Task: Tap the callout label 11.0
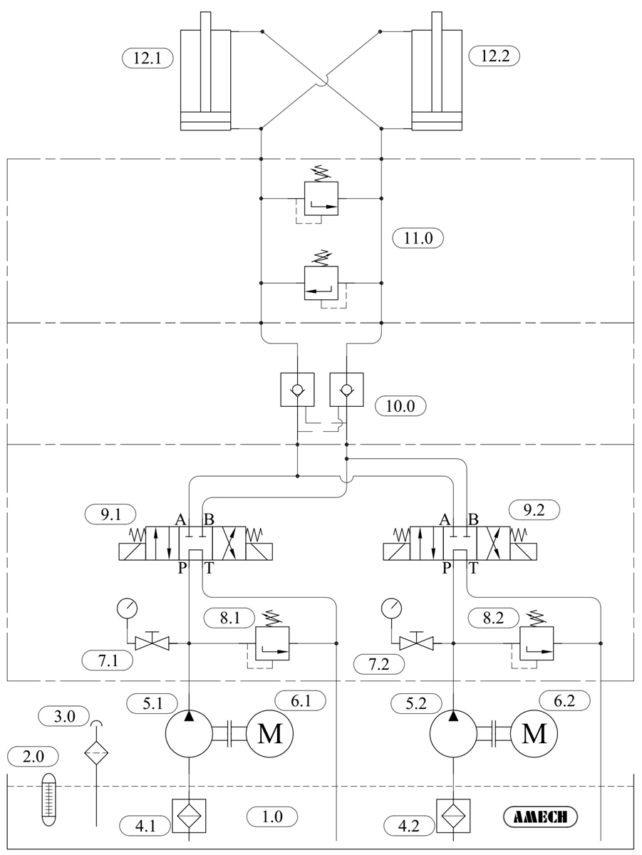418,239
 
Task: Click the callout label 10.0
400,406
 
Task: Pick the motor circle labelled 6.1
270,734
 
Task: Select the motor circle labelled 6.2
534,734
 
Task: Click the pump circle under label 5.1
189,734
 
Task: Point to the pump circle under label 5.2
454,734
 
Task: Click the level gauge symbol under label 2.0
48,799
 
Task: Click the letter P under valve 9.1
182,568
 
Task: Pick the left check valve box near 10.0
297,390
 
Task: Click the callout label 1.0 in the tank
272,816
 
